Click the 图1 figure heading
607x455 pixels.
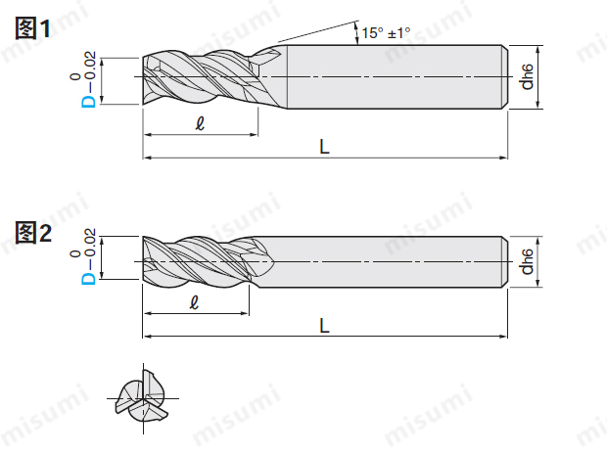click(32, 27)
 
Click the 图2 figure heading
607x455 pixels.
click(33, 233)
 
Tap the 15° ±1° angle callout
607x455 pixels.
click(386, 33)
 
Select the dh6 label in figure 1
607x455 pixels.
click(527, 77)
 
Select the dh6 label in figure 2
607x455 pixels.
click(527, 261)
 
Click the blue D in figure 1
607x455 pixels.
click(88, 102)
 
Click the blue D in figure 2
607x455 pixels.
click(88, 279)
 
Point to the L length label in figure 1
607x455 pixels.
click(324, 147)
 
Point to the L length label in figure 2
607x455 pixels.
click(324, 326)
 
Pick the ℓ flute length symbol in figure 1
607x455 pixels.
click(200, 123)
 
